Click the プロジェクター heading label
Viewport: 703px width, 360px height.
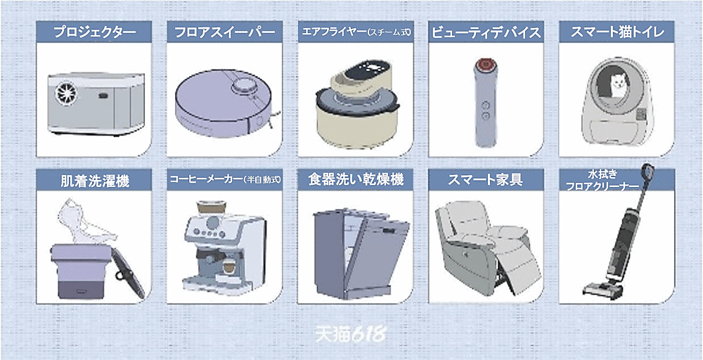[x=94, y=32]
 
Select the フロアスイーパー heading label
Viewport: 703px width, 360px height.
[x=225, y=32]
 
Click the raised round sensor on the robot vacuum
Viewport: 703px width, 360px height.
[x=243, y=84]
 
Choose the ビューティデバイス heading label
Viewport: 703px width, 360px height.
[x=486, y=32]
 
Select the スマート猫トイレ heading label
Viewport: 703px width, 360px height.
[x=617, y=32]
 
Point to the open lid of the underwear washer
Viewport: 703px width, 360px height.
[x=128, y=273]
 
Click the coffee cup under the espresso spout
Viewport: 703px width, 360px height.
[x=229, y=266]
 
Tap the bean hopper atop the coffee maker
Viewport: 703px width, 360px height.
[x=211, y=208]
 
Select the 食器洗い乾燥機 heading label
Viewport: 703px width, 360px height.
[x=356, y=180]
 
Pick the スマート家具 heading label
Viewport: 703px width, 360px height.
[x=486, y=180]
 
